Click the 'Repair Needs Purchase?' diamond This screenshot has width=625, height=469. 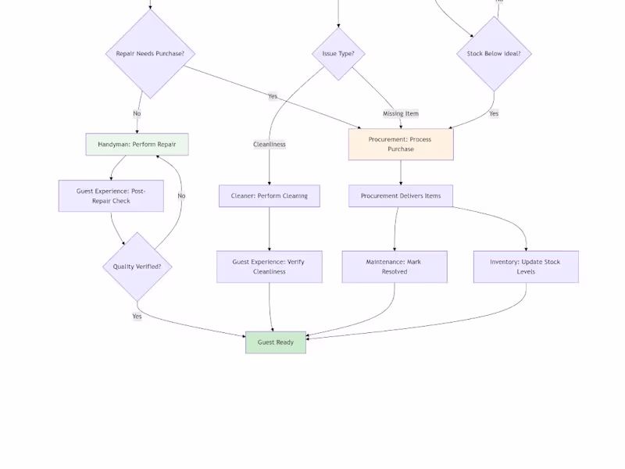pos(150,54)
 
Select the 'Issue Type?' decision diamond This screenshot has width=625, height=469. pos(338,54)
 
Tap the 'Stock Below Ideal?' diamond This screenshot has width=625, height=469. pos(494,54)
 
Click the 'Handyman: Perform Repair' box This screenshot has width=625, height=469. pos(137,145)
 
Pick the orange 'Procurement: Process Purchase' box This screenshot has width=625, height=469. pos(401,145)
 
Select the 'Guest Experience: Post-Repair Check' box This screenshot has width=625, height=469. pos(111,196)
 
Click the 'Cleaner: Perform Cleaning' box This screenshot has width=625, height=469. pos(270,196)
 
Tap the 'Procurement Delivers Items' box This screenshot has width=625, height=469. pos(401,196)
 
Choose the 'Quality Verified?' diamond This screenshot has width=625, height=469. pos(137,267)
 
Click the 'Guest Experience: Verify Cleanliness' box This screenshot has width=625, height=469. pos(270,267)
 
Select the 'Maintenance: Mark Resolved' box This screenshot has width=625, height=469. pos(395,267)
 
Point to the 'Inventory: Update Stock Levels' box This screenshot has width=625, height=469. pos(526,267)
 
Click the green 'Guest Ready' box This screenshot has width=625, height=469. pos(276,342)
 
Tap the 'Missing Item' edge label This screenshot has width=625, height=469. pos(401,113)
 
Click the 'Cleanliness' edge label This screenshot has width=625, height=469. pos(270,145)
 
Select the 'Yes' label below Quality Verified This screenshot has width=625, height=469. pos(137,317)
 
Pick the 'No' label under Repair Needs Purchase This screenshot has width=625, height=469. pos(137,113)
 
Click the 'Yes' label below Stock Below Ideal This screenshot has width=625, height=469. pos(494,113)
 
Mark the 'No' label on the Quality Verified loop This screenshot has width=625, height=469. pos(181,196)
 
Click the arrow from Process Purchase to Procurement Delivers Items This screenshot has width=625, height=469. pos(401,173)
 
